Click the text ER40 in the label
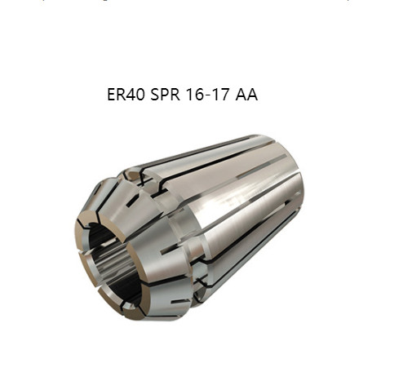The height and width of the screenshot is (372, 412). (126, 95)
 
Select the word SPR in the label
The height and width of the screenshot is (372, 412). (165, 95)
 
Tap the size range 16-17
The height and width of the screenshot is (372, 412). (207, 95)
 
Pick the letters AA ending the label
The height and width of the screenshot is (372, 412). (246, 95)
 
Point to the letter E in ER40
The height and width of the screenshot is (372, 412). (111, 95)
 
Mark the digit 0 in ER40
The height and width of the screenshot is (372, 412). (140, 95)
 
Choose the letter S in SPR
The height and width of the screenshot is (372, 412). (155, 95)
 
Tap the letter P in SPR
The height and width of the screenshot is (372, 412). (165, 95)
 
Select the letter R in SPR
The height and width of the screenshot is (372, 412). (175, 95)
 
